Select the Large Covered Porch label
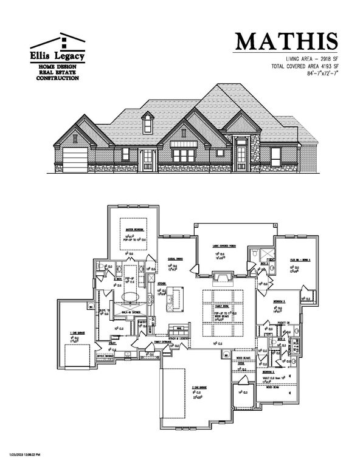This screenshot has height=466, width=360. [225, 246]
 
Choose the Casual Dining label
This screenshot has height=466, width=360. [176, 259]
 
